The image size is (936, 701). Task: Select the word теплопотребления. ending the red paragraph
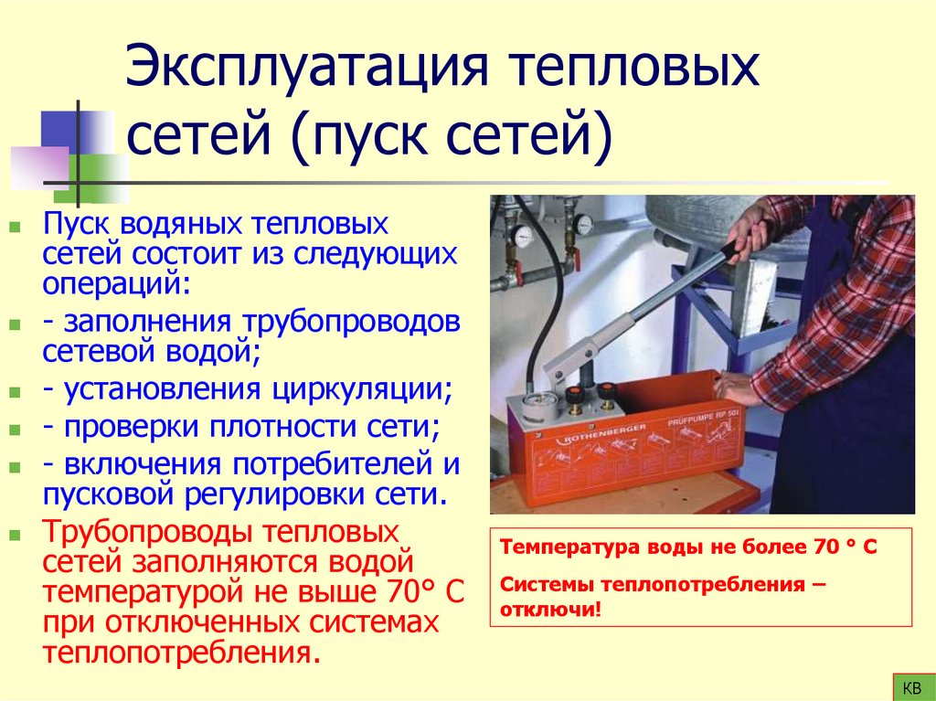point(182,653)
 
